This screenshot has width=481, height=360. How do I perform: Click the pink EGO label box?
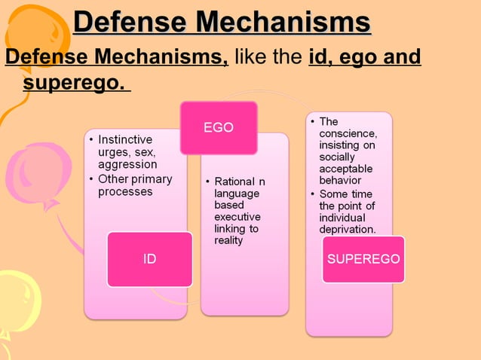(219, 128)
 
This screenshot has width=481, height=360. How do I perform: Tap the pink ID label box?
(149, 259)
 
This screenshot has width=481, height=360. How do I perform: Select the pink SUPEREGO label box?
(363, 259)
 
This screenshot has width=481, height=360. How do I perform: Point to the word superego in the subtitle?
(72, 81)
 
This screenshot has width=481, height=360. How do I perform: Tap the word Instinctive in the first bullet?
(125, 140)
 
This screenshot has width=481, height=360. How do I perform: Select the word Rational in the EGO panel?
(234, 182)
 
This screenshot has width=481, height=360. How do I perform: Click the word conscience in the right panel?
(346, 133)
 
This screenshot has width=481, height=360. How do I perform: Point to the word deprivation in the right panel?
(348, 229)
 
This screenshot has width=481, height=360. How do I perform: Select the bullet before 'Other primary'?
(91, 179)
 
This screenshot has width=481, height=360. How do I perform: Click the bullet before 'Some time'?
(312, 194)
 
